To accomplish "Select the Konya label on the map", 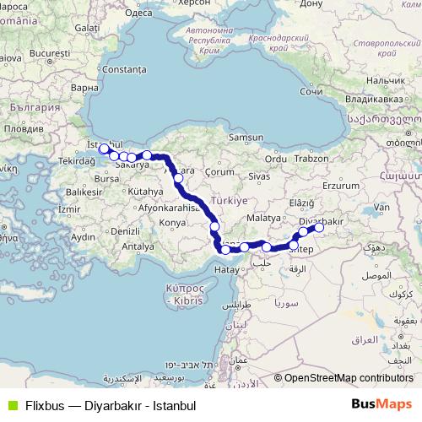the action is (x=172, y=222).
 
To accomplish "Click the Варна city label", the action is (x=85, y=87).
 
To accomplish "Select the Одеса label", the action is (x=138, y=14).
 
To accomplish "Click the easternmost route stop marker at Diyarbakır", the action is (x=319, y=227).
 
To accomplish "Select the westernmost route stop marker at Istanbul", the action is (x=104, y=149).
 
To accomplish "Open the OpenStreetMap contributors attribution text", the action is (x=349, y=378).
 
